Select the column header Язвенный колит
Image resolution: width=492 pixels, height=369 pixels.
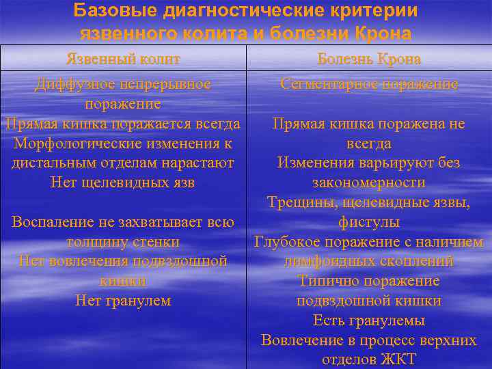[x=123, y=59]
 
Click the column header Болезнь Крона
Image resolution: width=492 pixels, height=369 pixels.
[x=369, y=59]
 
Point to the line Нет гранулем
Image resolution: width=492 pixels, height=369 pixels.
[x=123, y=301]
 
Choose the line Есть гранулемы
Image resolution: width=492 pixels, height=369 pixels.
[x=369, y=320]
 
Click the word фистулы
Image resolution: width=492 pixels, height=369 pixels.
[x=369, y=222]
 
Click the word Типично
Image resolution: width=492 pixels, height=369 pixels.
[x=326, y=281]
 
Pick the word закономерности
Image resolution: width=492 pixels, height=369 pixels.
[x=369, y=183]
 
